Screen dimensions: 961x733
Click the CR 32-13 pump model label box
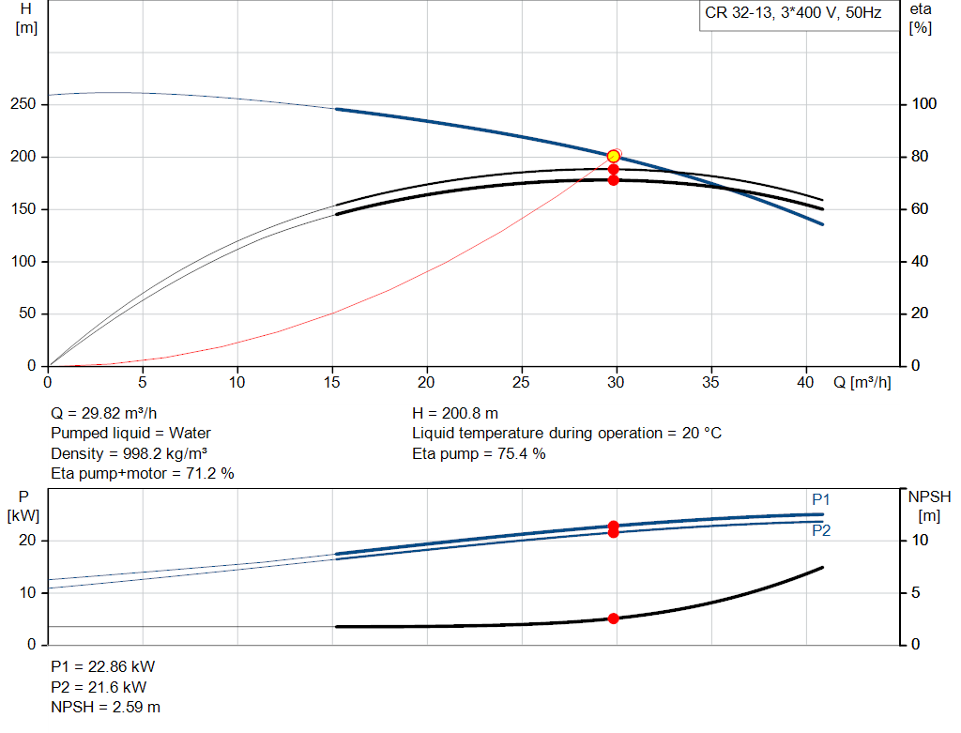coord(800,15)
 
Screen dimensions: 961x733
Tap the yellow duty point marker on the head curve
coord(613,157)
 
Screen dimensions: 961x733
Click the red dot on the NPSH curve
coord(613,618)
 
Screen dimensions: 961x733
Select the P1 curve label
coord(820,499)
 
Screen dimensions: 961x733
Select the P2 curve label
coord(821,530)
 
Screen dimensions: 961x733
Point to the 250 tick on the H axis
coord(23,103)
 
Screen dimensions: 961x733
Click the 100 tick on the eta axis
coord(923,103)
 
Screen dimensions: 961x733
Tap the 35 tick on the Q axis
coord(710,382)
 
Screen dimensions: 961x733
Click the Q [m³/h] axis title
coord(862,382)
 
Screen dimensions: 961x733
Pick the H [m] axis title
coord(25,19)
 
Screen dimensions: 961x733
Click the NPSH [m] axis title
coord(929,506)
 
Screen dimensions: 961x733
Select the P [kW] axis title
coord(23,506)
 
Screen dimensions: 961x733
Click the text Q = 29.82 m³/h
coord(103,413)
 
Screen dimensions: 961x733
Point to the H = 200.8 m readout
coord(455,413)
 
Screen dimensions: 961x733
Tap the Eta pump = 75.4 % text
coord(479,453)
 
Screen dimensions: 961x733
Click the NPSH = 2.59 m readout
coord(105,707)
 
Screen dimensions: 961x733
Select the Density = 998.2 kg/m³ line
coord(129,453)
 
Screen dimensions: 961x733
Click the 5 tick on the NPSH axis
coord(916,592)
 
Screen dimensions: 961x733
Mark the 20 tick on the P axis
coord(27,540)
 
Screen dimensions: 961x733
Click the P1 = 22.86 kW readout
coord(103,666)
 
